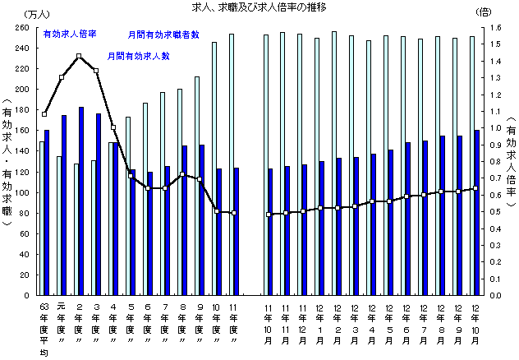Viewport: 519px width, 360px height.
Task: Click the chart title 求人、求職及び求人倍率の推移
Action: pyautogui.click(x=259, y=8)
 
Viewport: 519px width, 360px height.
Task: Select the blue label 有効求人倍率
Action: pyautogui.click(x=70, y=35)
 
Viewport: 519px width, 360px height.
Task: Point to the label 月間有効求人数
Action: pyautogui.click(x=139, y=56)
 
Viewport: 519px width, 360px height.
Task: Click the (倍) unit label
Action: pyautogui.click(x=484, y=13)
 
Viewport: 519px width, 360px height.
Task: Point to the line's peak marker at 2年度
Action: pyautogui.click(x=79, y=57)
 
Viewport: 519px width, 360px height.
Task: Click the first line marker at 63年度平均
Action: pyautogui.click(x=44, y=114)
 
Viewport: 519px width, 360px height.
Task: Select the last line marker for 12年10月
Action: pyautogui.click(x=475, y=188)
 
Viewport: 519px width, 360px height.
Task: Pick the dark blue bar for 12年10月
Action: pyautogui.click(x=477, y=212)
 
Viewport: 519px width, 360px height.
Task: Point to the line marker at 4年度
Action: pyautogui.click(x=113, y=127)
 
